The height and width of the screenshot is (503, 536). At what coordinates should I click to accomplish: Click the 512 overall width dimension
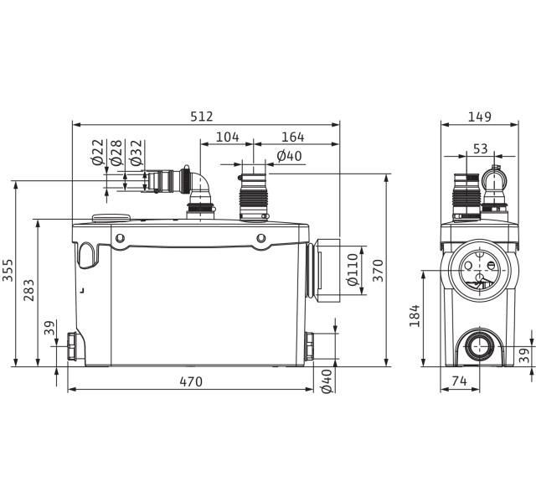tap(202, 117)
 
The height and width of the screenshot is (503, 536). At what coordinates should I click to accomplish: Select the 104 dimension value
tap(227, 137)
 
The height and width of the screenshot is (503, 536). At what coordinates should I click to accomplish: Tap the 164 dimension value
tap(292, 137)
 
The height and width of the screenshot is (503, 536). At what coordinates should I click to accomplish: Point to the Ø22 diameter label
tap(97, 153)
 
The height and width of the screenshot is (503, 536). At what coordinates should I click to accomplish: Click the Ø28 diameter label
tap(116, 153)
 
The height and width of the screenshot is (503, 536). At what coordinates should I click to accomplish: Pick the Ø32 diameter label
tap(136, 153)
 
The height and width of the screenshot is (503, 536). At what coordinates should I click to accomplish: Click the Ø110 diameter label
tap(352, 270)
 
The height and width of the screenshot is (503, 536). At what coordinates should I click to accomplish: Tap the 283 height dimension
tap(29, 291)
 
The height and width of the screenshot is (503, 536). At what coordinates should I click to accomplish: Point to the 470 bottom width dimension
tap(191, 382)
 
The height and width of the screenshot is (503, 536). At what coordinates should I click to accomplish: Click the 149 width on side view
tap(479, 117)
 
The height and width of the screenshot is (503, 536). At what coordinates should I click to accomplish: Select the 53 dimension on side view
tap(480, 148)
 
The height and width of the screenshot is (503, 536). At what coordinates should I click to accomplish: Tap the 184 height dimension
tap(416, 316)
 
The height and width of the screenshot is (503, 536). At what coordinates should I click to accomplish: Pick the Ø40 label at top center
tap(289, 156)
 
